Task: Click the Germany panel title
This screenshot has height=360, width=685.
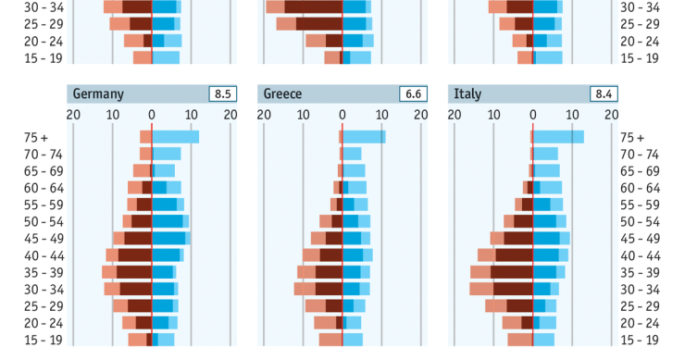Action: coord(98,94)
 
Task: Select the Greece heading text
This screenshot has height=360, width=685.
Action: coord(284,94)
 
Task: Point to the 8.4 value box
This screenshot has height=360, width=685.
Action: coord(599,94)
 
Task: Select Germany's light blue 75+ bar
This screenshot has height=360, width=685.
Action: coord(176,137)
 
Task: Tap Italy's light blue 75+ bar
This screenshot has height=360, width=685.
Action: coord(558,137)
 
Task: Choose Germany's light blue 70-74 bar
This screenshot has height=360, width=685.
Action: coord(167,154)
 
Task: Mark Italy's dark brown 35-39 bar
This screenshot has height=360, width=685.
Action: coord(512,272)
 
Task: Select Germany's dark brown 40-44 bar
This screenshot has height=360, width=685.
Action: coord(135,254)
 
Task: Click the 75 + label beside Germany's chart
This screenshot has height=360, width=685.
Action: coord(36,137)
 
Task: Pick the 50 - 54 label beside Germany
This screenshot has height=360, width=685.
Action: coord(44,221)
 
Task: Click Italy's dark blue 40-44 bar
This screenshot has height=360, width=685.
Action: coord(545,254)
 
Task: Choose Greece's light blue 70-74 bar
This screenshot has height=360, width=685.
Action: coord(353,154)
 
